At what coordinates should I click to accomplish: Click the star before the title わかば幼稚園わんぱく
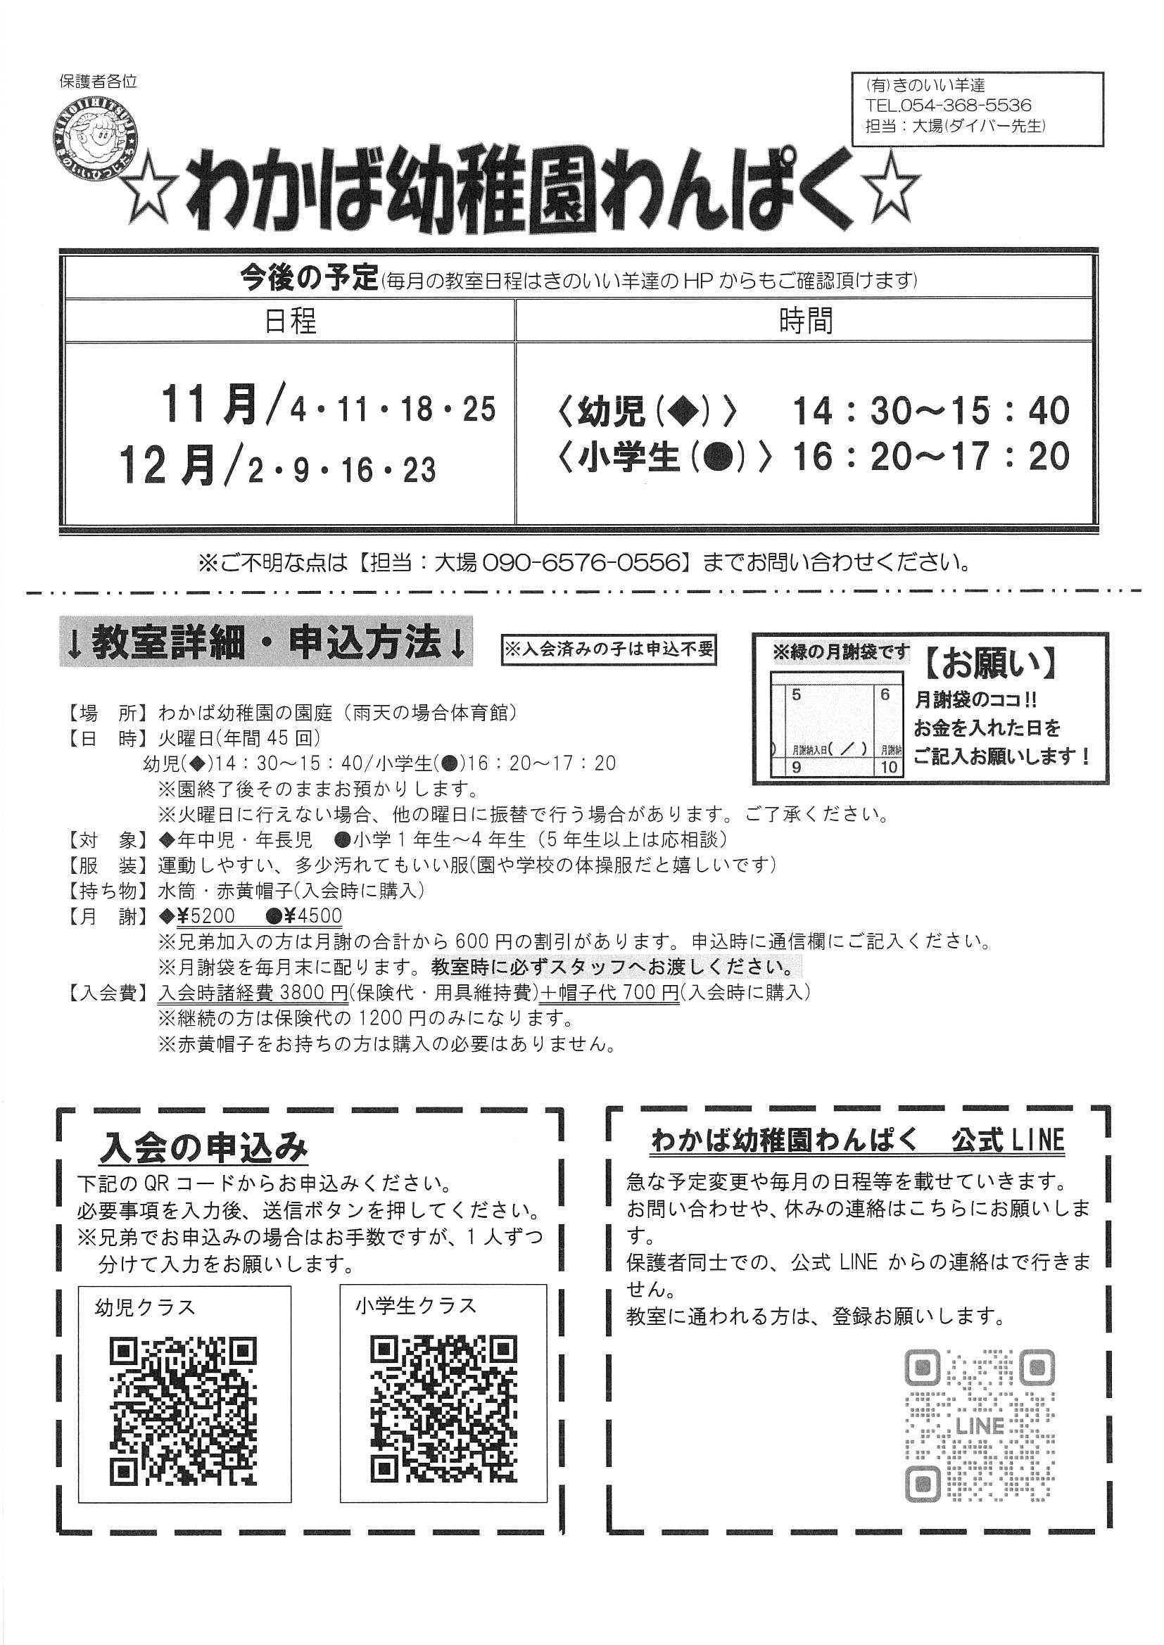pyautogui.click(x=152, y=196)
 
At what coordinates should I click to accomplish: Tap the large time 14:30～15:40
pyautogui.click(x=930, y=411)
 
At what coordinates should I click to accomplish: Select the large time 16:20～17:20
pyautogui.click(x=930, y=456)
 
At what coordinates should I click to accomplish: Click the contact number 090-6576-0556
pyautogui.click(x=581, y=562)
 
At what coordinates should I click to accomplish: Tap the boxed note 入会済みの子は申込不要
pyautogui.click(x=609, y=650)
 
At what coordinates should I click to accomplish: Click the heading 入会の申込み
pyautogui.click(x=203, y=1148)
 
